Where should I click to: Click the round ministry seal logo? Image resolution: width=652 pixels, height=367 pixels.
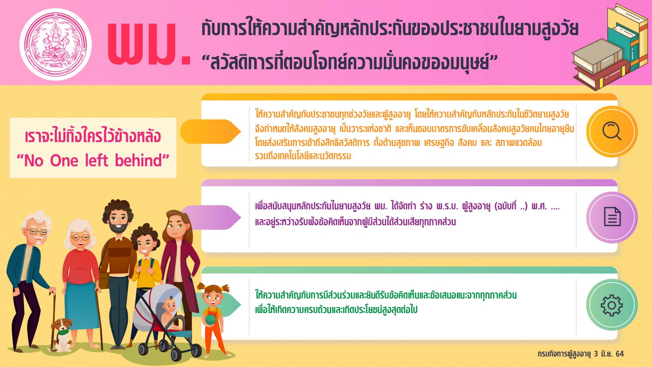click(x=55, y=44)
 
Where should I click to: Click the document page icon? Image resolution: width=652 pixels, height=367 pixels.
click(x=612, y=217)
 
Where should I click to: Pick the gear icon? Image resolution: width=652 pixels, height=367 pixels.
click(x=612, y=305)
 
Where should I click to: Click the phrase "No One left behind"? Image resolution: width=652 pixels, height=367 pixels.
click(x=93, y=160)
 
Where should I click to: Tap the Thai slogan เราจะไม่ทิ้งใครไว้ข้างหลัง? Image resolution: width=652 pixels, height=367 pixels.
click(x=93, y=136)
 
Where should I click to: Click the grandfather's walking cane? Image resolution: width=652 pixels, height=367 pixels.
click(x=53, y=319)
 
